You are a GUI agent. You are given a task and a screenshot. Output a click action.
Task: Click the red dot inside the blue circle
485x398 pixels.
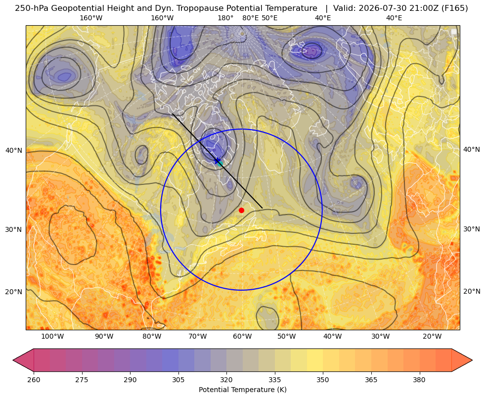pyautogui.click(x=242, y=210)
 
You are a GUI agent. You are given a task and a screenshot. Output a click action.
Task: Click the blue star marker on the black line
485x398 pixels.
pyautogui.click(x=218, y=161)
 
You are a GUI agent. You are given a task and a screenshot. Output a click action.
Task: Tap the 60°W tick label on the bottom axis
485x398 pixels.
pyautogui.click(x=242, y=337)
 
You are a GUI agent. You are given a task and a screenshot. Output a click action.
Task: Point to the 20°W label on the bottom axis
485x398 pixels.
pyautogui.click(x=432, y=337)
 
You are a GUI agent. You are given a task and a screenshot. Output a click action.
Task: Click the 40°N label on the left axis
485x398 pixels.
pyautogui.click(x=14, y=151)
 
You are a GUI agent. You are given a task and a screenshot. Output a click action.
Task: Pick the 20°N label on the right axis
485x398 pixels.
pyautogui.click(x=472, y=291)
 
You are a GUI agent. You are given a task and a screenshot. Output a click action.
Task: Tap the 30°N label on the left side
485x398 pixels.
pyautogui.click(x=14, y=229)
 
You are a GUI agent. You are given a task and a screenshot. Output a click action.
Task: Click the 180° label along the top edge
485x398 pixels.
pyautogui.click(x=225, y=18)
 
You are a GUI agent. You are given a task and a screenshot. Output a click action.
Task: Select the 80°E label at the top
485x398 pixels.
pyautogui.click(x=250, y=18)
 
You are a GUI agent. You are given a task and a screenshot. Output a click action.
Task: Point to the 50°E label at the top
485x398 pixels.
pyautogui.click(x=269, y=18)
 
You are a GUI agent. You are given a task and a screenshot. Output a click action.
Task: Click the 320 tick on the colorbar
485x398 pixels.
pyautogui.click(x=226, y=380)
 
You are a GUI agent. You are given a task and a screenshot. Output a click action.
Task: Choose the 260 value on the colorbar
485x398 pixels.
pyautogui.click(x=34, y=380)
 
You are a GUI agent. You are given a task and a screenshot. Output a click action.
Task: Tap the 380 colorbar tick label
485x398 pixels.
pyautogui.click(x=419, y=380)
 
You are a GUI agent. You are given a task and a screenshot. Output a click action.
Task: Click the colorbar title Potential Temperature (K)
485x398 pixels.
pyautogui.click(x=242, y=390)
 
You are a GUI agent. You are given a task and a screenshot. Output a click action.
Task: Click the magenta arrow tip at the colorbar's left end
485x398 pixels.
pyautogui.click(x=14, y=360)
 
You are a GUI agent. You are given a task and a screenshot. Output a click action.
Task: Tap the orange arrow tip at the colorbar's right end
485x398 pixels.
pyautogui.click(x=471, y=360)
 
